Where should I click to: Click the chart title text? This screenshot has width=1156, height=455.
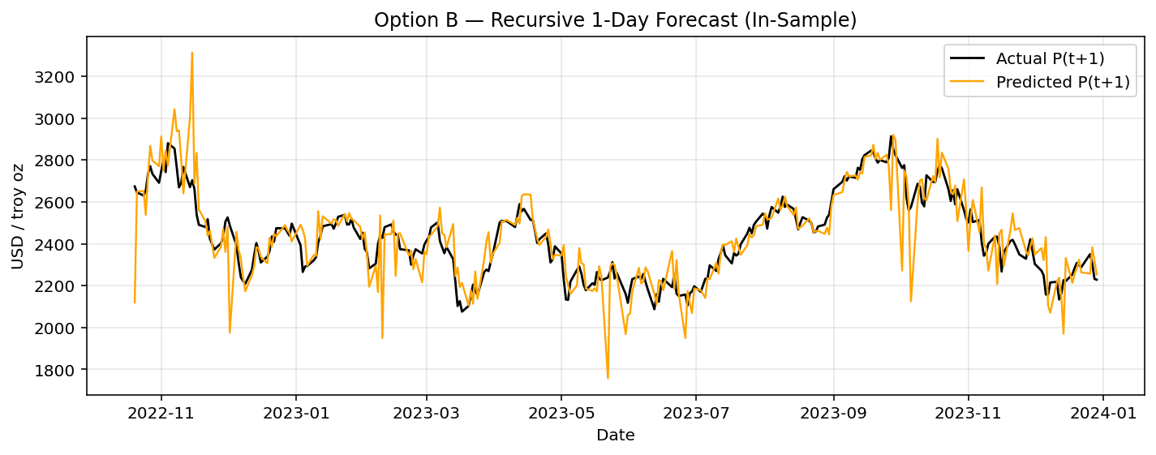(x=615, y=20)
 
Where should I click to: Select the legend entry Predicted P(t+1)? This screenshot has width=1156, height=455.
(x=1062, y=82)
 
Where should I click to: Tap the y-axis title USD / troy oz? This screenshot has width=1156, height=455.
(x=18, y=216)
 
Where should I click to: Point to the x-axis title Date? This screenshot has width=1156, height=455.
(x=615, y=436)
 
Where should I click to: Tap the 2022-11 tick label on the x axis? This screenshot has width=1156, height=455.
(x=161, y=412)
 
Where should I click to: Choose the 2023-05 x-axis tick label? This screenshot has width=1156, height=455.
(x=561, y=412)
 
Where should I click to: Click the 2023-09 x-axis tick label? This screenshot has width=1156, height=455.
(x=833, y=412)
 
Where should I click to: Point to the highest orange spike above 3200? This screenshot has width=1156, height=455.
(x=191, y=54)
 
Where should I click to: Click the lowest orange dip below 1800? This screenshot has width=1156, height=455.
(x=608, y=377)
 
